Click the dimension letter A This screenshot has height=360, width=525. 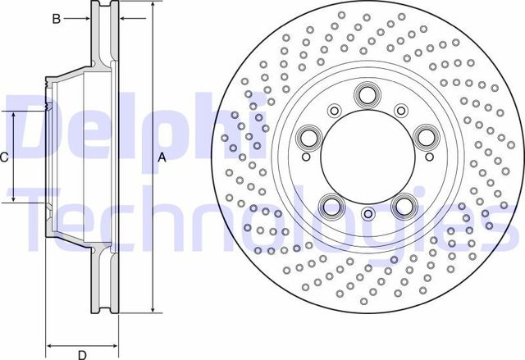click(162, 157)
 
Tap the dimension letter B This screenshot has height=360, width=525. click(57, 19)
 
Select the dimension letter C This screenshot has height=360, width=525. click(3, 157)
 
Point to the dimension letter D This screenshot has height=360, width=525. click(82, 354)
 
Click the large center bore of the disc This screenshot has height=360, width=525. click(367, 157)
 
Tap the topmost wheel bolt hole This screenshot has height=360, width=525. click(367, 94)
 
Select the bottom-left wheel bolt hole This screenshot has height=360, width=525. click(331, 206)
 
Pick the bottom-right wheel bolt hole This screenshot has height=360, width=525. click(404, 206)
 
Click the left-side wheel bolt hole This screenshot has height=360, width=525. click(308, 138)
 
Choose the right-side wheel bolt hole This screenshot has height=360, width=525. click(427, 138)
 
